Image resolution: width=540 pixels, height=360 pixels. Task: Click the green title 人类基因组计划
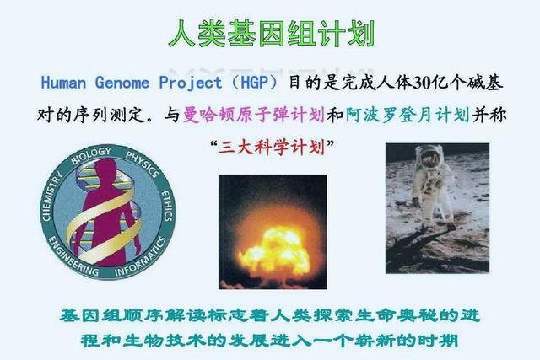pos(272,33)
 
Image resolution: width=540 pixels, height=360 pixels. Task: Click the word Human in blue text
pos(63,83)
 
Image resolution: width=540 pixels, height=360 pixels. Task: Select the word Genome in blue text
pos(122,83)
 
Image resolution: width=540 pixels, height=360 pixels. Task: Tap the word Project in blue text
pos(191,83)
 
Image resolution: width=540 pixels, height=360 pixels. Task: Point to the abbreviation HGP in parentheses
pos(254,83)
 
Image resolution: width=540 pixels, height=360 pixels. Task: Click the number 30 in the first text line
pos(420,83)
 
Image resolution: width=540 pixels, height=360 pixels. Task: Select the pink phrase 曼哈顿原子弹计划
pos(254,115)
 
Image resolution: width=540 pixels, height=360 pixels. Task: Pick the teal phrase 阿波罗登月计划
pos(408,115)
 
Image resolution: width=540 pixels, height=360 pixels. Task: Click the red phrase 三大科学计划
pos(272,148)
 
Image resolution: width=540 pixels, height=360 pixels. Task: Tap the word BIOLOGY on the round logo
pos(90,156)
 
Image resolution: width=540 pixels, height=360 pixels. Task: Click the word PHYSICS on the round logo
pos(143,164)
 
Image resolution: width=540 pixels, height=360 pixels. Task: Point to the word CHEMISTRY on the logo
pos(51,196)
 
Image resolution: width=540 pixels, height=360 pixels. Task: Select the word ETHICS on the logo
pos(167,206)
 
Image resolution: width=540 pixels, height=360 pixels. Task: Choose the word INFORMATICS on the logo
pos(140,258)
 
